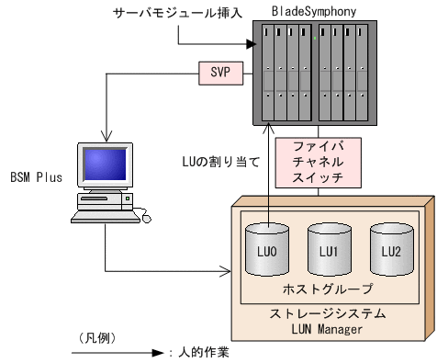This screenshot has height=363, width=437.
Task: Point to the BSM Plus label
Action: click(x=37, y=176)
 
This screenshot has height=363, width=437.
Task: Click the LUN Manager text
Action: click(x=330, y=328)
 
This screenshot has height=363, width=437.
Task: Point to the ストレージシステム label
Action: click(x=330, y=313)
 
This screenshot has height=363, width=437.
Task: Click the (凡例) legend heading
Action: click(x=92, y=336)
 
